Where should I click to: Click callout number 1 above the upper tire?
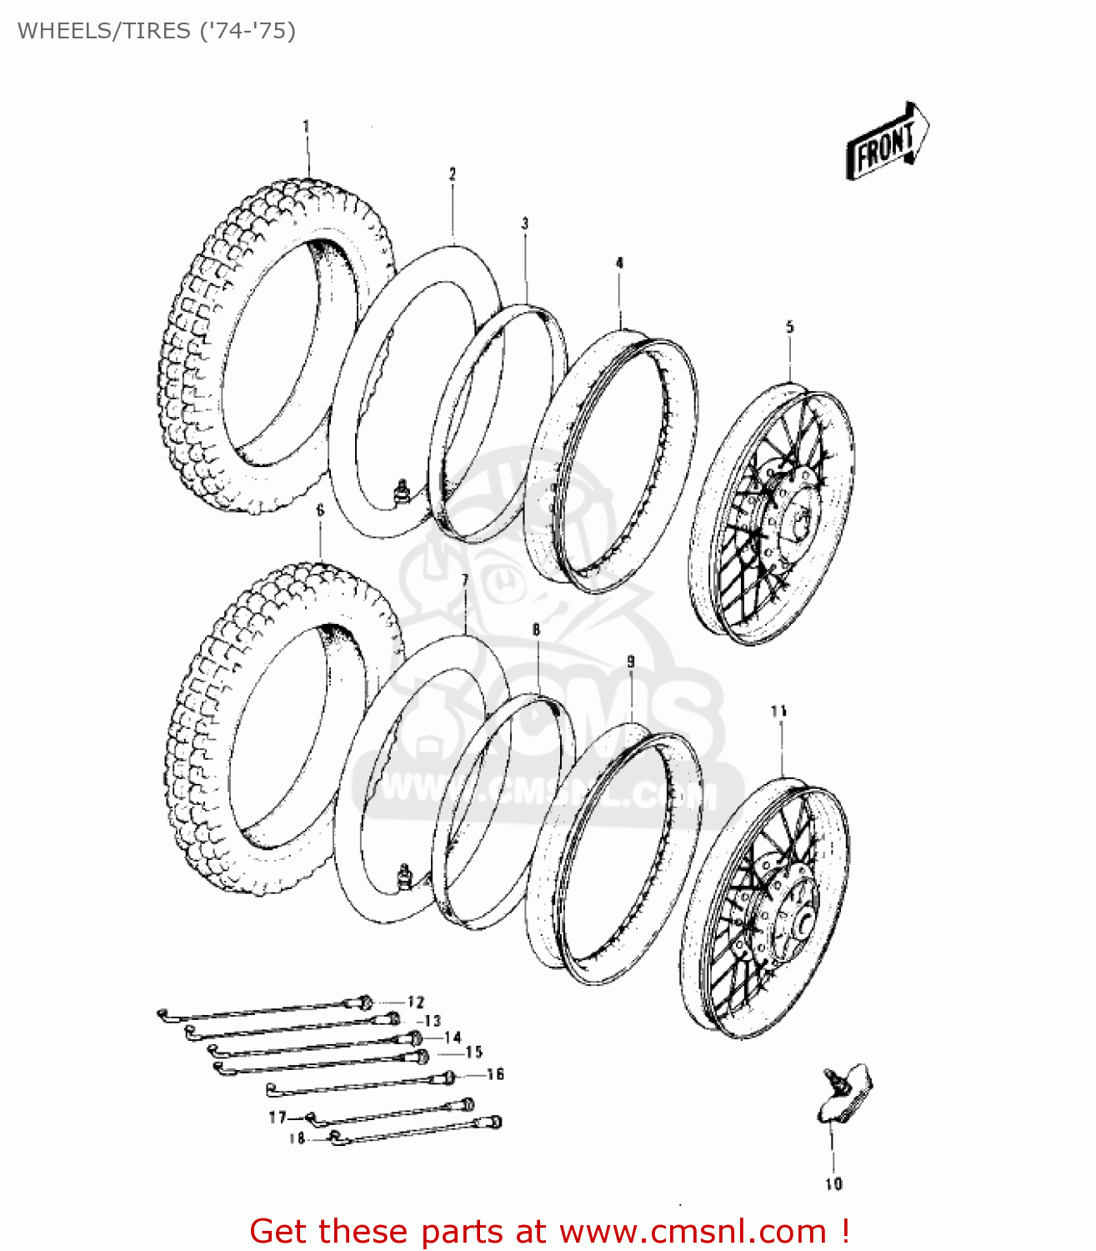306,127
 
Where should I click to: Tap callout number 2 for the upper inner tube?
453,174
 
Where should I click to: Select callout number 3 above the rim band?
525,224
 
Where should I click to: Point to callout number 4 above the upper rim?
619,263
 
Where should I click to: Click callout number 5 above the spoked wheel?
790,327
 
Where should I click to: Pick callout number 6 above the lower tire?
320,510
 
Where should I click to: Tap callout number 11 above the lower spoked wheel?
779,711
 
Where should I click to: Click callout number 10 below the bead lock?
833,1183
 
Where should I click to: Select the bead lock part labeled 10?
843,1093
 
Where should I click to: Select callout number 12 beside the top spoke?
415,1002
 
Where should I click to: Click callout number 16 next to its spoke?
495,1074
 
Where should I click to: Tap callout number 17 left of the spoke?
277,1117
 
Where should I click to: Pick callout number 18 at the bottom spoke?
297,1138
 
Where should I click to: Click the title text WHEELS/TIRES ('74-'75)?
157,31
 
